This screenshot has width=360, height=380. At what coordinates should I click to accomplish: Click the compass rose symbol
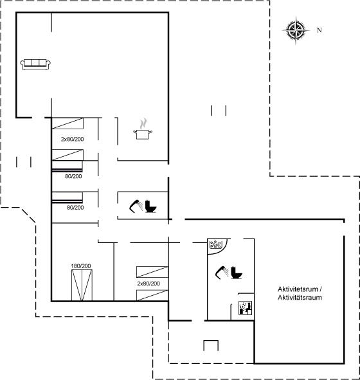pyautogui.click(x=296, y=30)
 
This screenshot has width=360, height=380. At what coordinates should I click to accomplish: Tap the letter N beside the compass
pyautogui.click(x=319, y=30)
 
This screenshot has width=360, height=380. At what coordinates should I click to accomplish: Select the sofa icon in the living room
pyautogui.click(x=35, y=64)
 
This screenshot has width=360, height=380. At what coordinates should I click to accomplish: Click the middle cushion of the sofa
pyautogui.click(x=35, y=62)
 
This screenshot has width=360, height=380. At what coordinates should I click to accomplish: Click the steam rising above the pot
pyautogui.click(x=143, y=123)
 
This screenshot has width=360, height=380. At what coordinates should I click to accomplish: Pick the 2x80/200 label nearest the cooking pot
pyautogui.click(x=73, y=139)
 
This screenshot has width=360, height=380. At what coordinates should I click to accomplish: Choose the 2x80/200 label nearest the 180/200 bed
pyautogui.click(x=148, y=284)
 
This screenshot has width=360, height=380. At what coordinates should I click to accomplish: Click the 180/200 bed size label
pyautogui.click(x=81, y=266)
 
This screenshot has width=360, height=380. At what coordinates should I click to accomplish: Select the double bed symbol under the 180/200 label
pyautogui.click(x=82, y=285)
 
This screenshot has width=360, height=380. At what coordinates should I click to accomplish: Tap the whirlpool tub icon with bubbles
pyautogui.click(x=215, y=244)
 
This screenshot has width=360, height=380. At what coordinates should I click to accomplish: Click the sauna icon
pyautogui.click(x=246, y=308)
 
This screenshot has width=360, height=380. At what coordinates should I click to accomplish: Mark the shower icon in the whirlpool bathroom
pyautogui.click(x=222, y=273)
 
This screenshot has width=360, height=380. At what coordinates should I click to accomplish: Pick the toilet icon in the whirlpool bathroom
pyautogui.click(x=236, y=273)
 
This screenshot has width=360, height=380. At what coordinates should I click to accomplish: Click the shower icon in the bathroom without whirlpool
pyautogui.click(x=136, y=206)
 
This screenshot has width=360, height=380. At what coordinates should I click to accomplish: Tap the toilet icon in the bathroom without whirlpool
pyautogui.click(x=150, y=206)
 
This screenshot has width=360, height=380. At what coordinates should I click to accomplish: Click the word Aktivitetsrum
pyautogui.click(x=298, y=289)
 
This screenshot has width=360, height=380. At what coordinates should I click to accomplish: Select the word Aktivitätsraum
pyautogui.click(x=300, y=297)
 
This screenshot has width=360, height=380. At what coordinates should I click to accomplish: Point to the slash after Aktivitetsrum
pyautogui.click(x=321, y=289)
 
